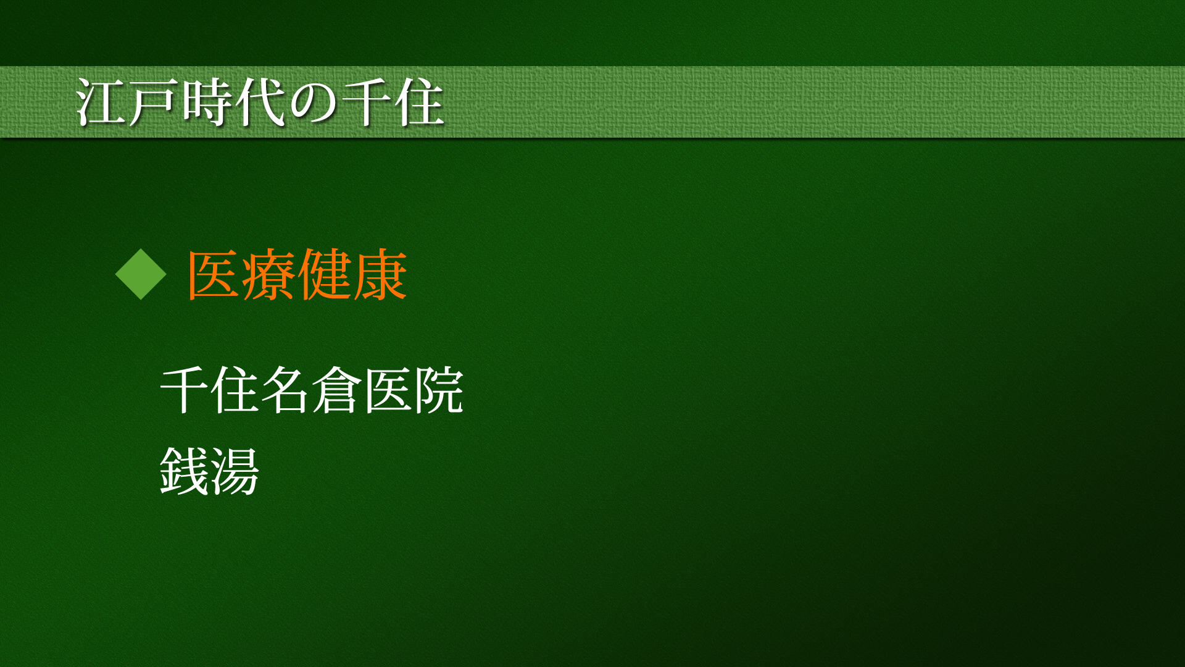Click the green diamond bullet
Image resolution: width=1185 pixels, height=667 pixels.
point(141,274)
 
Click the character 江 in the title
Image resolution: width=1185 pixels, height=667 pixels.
point(101,103)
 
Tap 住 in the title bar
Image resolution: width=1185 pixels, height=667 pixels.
point(420,103)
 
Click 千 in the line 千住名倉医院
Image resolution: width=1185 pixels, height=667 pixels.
point(185,390)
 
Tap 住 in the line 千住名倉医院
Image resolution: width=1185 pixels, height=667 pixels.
point(235,390)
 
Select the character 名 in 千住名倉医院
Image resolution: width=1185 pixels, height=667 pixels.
point(286,390)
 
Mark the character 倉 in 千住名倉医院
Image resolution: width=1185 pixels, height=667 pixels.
point(336,390)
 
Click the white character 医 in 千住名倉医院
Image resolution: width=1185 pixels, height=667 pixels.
point(387,390)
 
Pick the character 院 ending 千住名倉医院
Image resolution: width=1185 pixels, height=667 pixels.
point(438,390)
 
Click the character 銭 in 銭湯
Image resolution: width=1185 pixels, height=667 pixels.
point(185,471)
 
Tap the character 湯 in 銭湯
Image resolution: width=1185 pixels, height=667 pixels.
point(235,471)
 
